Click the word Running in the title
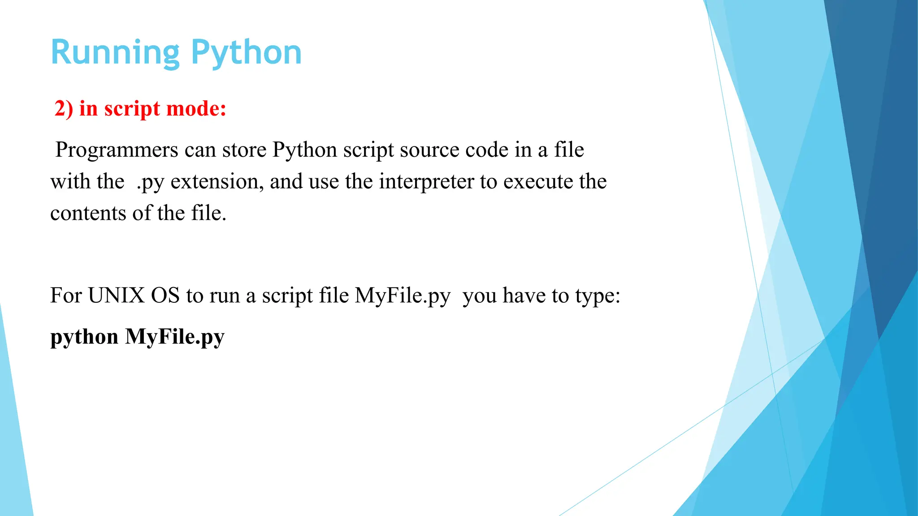[115, 53]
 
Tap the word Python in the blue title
[246, 53]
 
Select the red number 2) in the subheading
[63, 109]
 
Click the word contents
[88, 213]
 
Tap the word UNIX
[116, 296]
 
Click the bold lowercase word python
[84, 337]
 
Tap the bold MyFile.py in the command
[174, 337]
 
